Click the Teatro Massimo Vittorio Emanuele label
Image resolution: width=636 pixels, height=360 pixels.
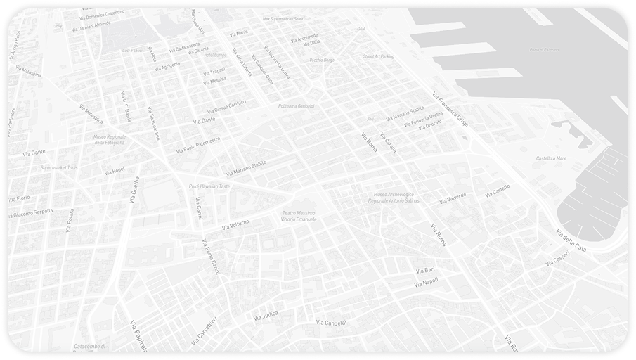pyautogui.click(x=299, y=216)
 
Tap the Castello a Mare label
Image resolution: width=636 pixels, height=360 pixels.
pyautogui.click(x=551, y=159)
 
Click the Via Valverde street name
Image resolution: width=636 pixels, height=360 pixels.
pyautogui.click(x=453, y=198)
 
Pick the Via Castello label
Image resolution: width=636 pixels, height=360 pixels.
pyautogui.click(x=497, y=191)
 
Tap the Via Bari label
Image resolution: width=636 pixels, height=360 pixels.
pyautogui.click(x=425, y=270)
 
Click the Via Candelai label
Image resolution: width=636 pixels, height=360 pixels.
pyautogui.click(x=331, y=323)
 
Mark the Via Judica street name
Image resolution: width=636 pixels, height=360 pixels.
pyautogui.click(x=265, y=315)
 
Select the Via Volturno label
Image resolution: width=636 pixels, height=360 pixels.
pyautogui.click(x=235, y=225)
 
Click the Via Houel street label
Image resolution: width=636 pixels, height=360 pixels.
pyautogui.click(x=114, y=171)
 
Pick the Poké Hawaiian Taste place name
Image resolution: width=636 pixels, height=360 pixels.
pyautogui.click(x=209, y=186)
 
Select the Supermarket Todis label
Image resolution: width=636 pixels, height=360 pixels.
pyautogui.click(x=59, y=168)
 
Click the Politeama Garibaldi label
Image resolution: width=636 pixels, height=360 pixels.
pyautogui.click(x=297, y=106)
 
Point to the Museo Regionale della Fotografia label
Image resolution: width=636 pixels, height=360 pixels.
pyautogui.click(x=109, y=140)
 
